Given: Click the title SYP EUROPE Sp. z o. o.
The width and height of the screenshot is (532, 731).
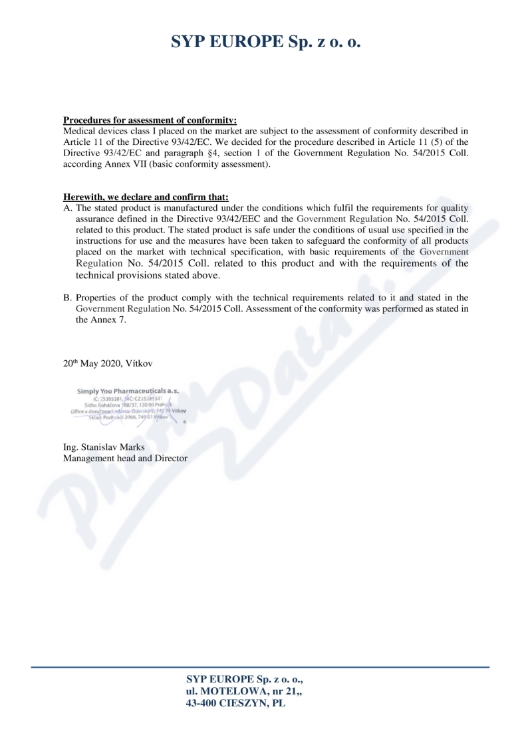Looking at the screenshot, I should (266, 43).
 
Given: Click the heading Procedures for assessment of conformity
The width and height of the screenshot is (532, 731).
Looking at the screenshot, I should (150, 120).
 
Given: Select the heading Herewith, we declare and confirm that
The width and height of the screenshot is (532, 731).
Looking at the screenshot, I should (146, 197).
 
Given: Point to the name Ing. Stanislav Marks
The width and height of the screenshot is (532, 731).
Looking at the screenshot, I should (104, 447).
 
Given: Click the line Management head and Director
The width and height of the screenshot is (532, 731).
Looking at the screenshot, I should (125, 458).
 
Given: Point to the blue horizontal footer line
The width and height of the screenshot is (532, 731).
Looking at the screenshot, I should (266, 667).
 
